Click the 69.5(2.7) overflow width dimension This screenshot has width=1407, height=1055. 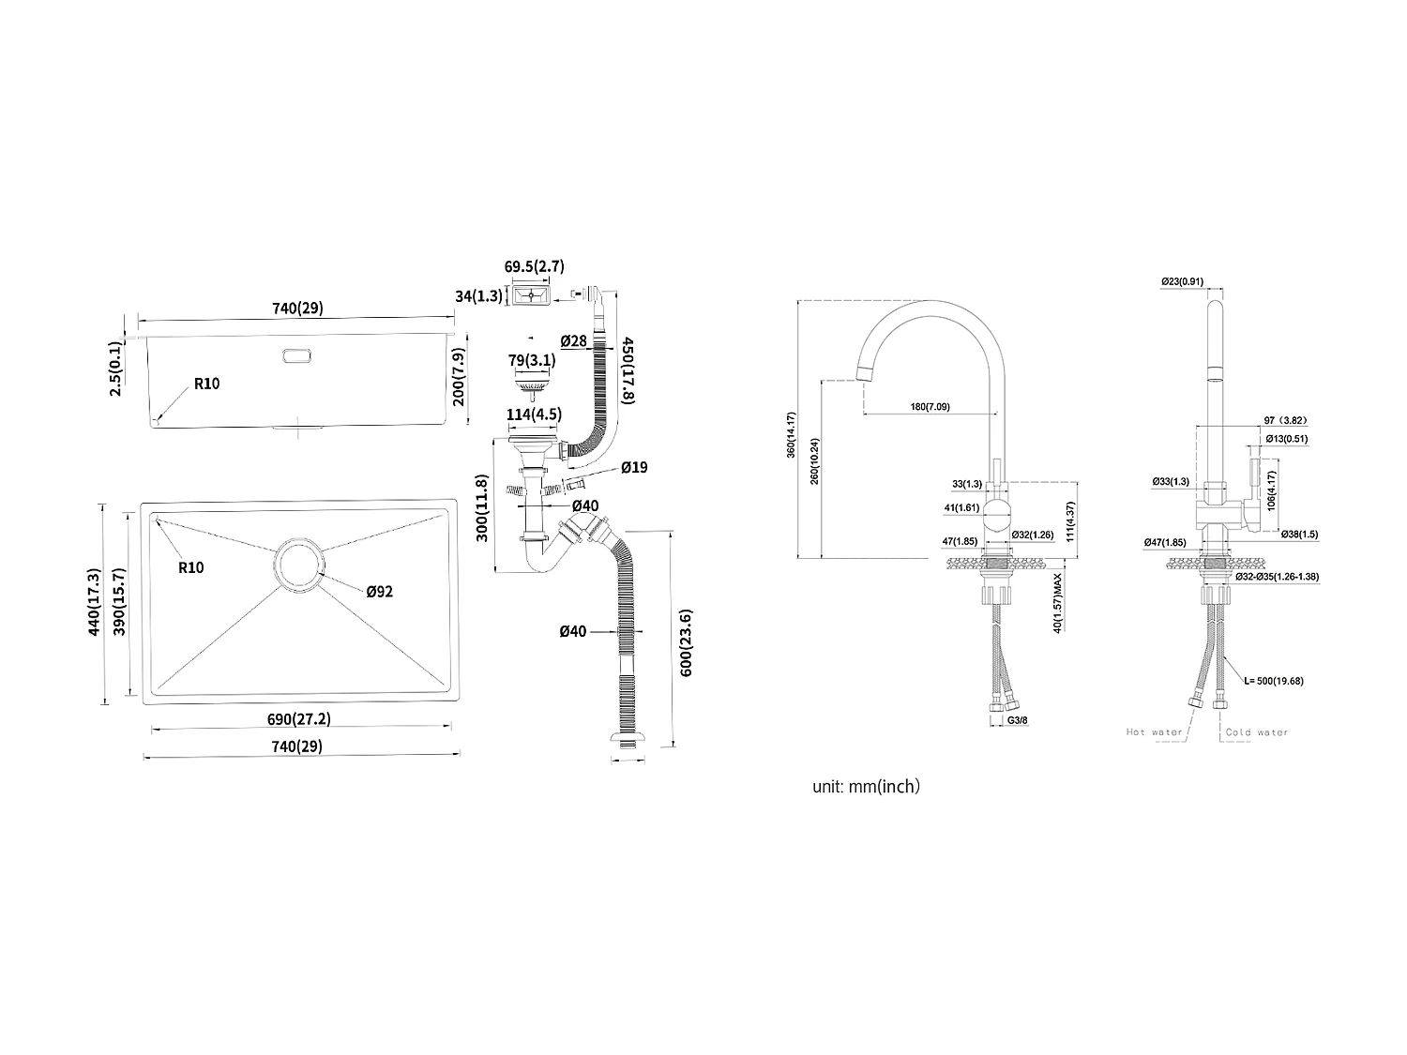[535, 267]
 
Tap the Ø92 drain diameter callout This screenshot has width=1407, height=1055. [380, 591]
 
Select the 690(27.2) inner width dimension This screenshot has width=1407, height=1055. [299, 719]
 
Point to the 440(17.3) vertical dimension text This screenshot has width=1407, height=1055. [94, 602]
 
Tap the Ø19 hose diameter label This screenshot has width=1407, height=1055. [634, 467]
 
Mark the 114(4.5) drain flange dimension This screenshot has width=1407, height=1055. [534, 415]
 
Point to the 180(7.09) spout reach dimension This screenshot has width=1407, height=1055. [929, 406]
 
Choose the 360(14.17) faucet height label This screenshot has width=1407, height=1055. [791, 435]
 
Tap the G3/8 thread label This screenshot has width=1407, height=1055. [1017, 720]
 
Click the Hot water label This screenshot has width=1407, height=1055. [1155, 732]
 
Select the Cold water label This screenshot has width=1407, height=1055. [1257, 732]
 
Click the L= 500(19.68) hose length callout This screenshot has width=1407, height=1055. [1274, 681]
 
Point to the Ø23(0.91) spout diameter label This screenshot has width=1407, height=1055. [1182, 281]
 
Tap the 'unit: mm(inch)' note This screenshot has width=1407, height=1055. [866, 787]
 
